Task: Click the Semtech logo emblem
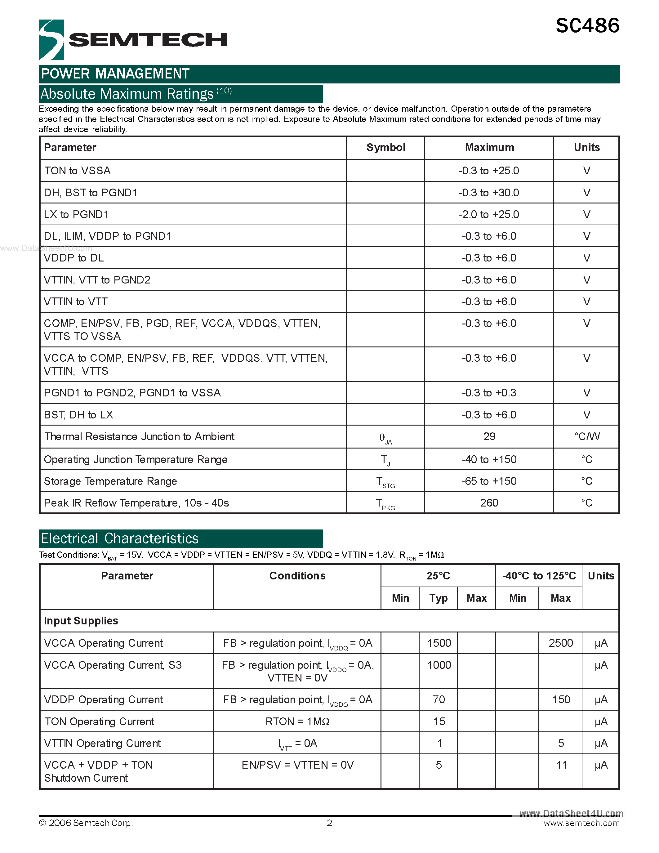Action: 51,39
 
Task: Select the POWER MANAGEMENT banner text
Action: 115,74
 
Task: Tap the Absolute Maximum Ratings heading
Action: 127,94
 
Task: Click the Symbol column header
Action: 385,148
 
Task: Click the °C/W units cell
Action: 586,437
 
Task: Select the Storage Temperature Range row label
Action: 110,481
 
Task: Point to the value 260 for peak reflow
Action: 489,503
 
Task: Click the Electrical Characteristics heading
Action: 119,538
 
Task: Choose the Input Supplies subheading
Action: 81,621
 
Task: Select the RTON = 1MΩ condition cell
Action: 297,722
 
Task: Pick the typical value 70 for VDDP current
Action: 439,699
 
